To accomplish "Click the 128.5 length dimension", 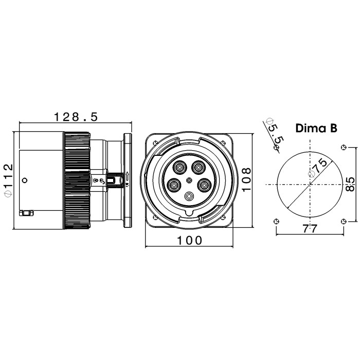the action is [76, 117].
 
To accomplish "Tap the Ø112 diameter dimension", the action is [9, 180].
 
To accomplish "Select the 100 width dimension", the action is [190, 240].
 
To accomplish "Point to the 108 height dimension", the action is [246, 179].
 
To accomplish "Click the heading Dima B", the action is [316, 128].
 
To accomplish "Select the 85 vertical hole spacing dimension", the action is [350, 184].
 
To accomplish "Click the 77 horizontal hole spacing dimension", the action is [310, 228].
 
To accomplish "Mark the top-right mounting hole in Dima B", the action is [344, 147].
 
